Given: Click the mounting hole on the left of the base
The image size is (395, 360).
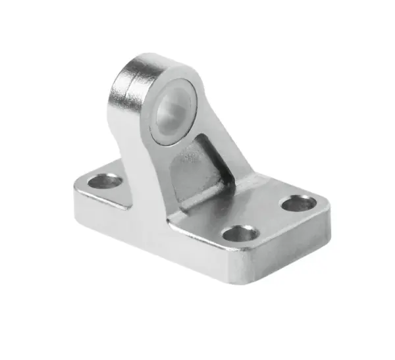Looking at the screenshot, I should pos(105,181).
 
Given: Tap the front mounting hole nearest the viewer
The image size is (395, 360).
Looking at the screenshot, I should pos(240,232).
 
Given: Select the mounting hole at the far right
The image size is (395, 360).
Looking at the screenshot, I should pos(298,203).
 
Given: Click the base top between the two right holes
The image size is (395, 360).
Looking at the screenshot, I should pos(270,217).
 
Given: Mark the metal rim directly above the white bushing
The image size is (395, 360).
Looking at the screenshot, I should pos(176,74).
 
